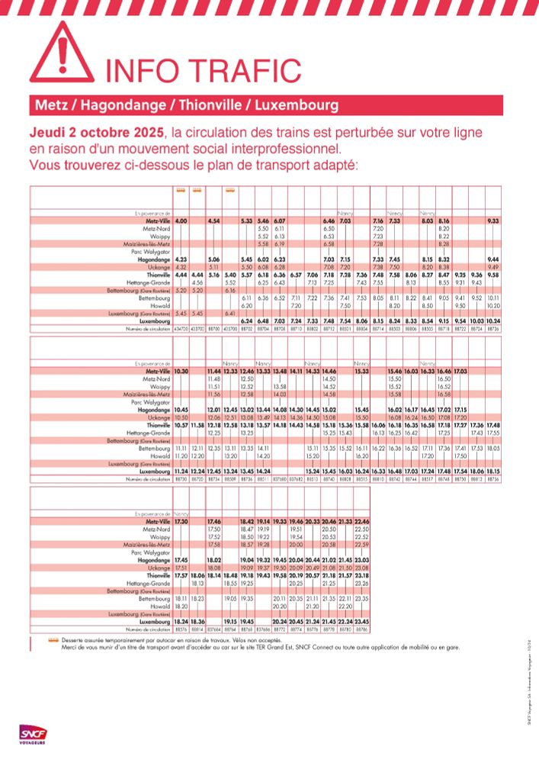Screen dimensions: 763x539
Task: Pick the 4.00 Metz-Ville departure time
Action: click(x=181, y=221)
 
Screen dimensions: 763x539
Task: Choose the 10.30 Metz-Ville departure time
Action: click(x=181, y=371)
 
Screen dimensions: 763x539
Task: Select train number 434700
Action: click(x=181, y=328)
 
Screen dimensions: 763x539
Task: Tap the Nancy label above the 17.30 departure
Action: click(x=181, y=514)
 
